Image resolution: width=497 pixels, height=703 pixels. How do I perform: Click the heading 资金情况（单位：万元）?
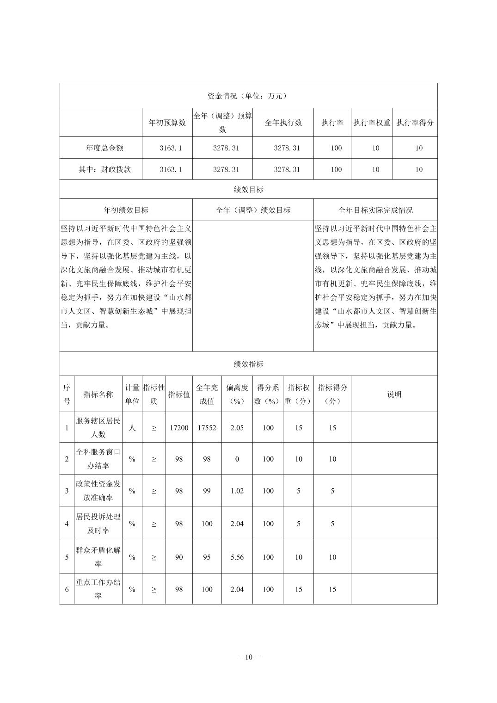coord(248,96)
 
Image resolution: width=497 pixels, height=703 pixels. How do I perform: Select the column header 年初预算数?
coord(167,123)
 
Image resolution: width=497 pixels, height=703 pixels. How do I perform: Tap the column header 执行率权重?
coord(372,123)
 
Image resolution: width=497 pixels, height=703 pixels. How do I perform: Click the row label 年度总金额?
coord(104,148)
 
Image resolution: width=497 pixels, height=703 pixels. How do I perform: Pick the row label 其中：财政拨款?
coord(104,169)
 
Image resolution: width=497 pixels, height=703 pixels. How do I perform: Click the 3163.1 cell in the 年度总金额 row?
coord(171,148)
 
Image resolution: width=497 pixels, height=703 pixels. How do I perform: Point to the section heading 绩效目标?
coord(248,190)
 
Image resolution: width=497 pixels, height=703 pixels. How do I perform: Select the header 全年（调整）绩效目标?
coord(253,210)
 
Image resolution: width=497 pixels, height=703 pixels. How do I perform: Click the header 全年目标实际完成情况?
coord(375,210)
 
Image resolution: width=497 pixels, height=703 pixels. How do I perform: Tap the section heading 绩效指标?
coord(248,364)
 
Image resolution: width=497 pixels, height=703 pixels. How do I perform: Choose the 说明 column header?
coord(394,394)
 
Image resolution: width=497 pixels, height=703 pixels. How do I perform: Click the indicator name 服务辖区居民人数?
coord(98,427)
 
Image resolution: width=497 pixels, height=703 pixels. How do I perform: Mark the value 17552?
coord(207,428)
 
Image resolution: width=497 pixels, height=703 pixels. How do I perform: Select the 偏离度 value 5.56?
coord(237,557)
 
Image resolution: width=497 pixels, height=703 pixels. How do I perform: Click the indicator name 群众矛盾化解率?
coord(98,557)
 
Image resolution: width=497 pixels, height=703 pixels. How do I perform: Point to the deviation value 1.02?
coord(237,491)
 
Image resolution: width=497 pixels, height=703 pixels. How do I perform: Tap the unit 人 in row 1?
coord(132,428)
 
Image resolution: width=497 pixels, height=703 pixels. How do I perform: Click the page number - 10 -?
coord(248,657)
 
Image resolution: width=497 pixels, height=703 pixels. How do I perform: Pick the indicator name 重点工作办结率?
coord(98,589)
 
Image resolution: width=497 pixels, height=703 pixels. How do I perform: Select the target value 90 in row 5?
coord(179,557)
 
